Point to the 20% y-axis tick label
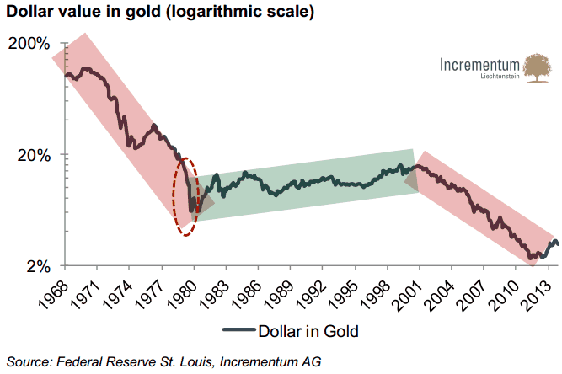tap(35, 155)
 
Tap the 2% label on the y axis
tap(39, 266)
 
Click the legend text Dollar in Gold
tap(308, 331)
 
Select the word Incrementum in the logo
tap(479, 64)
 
